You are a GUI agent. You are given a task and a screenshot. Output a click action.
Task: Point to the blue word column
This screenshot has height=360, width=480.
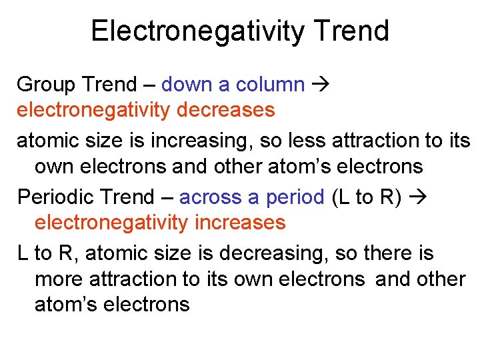click(269, 85)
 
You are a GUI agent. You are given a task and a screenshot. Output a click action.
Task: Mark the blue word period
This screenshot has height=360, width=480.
click(295, 197)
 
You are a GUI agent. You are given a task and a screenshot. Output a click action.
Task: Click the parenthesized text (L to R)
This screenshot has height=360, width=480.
click(366, 197)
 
